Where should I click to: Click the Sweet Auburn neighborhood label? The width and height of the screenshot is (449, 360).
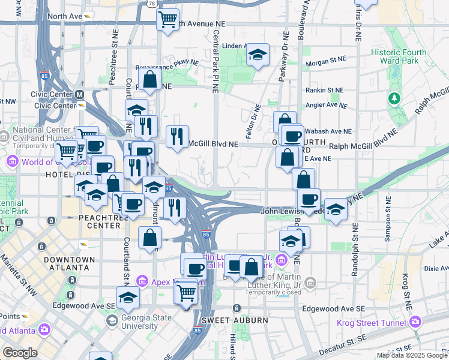coord(235,320)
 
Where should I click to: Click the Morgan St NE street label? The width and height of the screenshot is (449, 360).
coord(327,60)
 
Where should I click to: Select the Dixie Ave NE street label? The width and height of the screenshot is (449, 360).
coord(434,269)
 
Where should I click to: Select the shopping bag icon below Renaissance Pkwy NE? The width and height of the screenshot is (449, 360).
coord(149,79)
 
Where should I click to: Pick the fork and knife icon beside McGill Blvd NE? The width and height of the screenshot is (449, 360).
coord(177,136)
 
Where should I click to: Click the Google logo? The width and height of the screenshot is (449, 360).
coord(19,352)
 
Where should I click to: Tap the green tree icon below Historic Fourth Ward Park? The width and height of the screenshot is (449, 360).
coord(394,97)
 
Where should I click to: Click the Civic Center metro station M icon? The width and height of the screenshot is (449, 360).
coord(79,94)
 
